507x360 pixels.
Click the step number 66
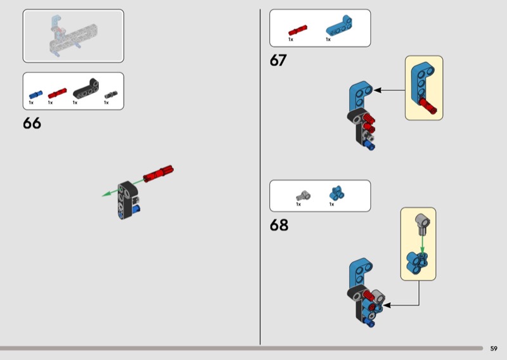pyautogui.click(x=32, y=123)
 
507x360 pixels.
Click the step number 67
pyautogui.click(x=278, y=60)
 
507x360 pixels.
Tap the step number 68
pyautogui.click(x=279, y=225)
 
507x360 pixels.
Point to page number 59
pyautogui.click(x=494, y=349)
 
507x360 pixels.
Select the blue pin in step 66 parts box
pyautogui.click(x=35, y=94)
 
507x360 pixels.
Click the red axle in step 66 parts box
pyautogui.click(x=57, y=93)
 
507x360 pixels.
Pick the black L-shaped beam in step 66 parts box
pyautogui.click(x=86, y=89)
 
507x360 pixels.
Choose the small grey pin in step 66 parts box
pyautogui.click(x=111, y=95)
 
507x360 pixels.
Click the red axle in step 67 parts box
pyautogui.click(x=298, y=30)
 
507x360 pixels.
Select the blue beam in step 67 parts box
pyautogui.click(x=339, y=25)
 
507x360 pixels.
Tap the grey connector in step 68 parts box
pyautogui.click(x=303, y=196)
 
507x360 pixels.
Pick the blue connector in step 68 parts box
pyautogui.click(x=337, y=193)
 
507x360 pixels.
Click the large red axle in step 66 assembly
pyautogui.click(x=158, y=174)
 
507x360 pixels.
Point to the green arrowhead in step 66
pyautogui.click(x=106, y=194)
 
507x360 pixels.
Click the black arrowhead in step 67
pyautogui.click(x=377, y=90)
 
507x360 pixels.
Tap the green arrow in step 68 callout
pyautogui.click(x=422, y=243)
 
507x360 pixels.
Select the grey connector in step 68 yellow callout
pyautogui.click(x=422, y=224)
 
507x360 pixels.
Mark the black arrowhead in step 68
pyautogui.click(x=387, y=305)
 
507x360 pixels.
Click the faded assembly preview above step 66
pyautogui.click(x=74, y=36)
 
